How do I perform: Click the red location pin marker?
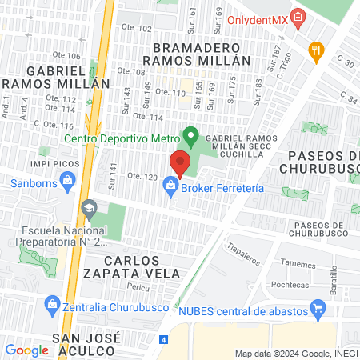[x=180, y=163]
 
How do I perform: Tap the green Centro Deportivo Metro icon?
[x=190, y=135]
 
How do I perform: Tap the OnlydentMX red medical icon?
[x=298, y=17]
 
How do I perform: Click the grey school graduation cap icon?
[x=87, y=208]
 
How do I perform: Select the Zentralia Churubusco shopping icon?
[x=52, y=303]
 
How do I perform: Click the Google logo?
[x=26, y=350]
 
